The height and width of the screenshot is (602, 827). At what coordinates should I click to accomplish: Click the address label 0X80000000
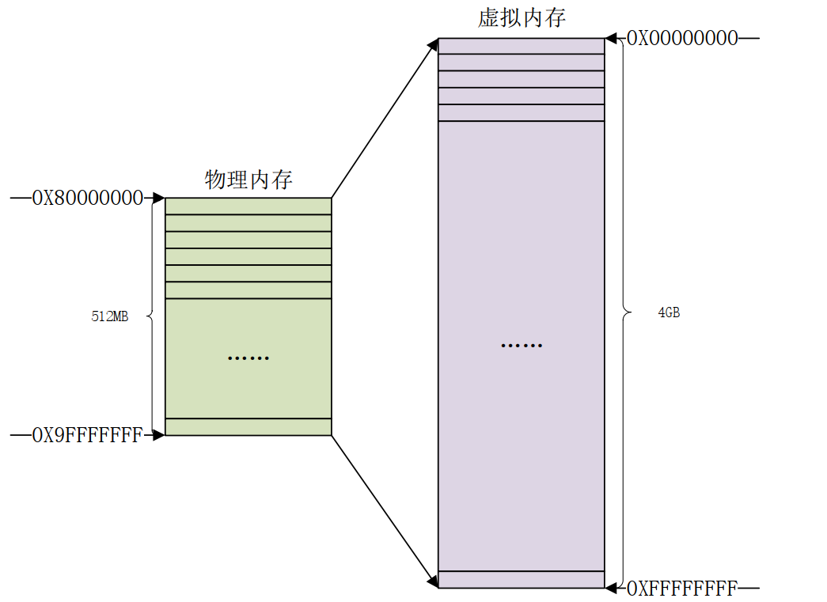pyautogui.click(x=87, y=198)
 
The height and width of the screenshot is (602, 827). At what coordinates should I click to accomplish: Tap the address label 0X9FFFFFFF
pyautogui.click(x=87, y=434)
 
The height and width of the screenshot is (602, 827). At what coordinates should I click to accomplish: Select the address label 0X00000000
pyautogui.click(x=682, y=38)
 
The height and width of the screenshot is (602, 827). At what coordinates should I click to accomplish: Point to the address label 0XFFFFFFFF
pyautogui.click(x=682, y=588)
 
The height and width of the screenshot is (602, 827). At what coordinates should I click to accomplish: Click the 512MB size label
pyautogui.click(x=110, y=316)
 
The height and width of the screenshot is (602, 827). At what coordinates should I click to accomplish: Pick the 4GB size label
pyautogui.click(x=669, y=312)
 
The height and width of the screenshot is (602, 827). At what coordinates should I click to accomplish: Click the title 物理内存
pyautogui.click(x=248, y=180)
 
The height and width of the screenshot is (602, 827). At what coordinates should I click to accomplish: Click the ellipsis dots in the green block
pyautogui.click(x=248, y=358)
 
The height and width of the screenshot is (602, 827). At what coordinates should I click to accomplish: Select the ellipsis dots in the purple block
pyautogui.click(x=522, y=346)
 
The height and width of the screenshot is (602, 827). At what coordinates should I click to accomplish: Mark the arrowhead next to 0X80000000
pyautogui.click(x=158, y=198)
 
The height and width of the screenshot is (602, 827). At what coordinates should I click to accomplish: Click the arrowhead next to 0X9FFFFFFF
pyautogui.click(x=158, y=434)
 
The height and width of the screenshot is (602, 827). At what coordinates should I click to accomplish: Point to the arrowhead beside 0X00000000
pyautogui.click(x=611, y=38)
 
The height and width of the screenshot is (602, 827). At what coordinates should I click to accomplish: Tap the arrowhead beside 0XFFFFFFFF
pyautogui.click(x=611, y=588)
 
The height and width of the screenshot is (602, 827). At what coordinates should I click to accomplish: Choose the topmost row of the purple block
pyautogui.click(x=522, y=46)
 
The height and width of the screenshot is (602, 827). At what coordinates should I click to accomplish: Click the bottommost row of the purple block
pyautogui.click(x=522, y=580)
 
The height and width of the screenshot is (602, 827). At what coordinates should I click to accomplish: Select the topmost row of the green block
pyautogui.click(x=248, y=206)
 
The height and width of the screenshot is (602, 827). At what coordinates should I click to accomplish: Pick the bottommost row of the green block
pyautogui.click(x=248, y=427)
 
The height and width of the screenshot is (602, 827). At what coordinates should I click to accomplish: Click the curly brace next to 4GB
pyautogui.click(x=626, y=312)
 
